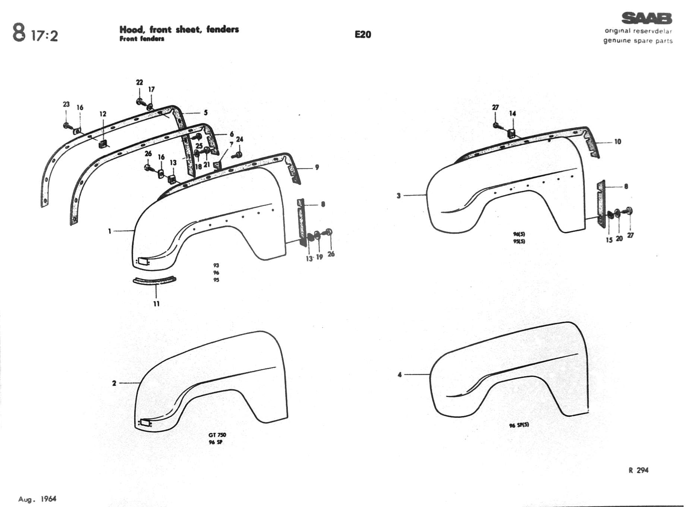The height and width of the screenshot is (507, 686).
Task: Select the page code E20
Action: (363, 35)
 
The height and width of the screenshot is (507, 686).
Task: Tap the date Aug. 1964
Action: (37, 499)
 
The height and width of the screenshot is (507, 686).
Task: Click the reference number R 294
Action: (638, 470)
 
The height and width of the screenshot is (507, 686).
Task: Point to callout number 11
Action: (156, 304)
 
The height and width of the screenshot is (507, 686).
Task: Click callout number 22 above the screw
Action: (139, 82)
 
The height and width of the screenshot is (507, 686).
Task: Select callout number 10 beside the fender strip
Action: (617, 142)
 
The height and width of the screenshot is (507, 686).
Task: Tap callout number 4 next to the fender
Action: (400, 375)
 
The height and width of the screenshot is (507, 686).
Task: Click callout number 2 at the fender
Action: (114, 383)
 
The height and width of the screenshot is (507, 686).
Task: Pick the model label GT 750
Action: (217, 435)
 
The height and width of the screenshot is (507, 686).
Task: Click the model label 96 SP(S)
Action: (519, 425)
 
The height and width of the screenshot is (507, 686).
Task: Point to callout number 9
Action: (317, 167)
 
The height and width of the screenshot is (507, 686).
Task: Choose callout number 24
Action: (240, 139)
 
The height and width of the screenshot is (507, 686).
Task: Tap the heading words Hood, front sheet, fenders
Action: (179, 29)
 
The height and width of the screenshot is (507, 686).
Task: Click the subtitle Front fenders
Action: (142, 39)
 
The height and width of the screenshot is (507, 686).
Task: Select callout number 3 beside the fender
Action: (399, 195)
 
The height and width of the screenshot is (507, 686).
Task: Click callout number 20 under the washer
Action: (619, 239)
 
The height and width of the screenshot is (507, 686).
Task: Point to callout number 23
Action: (66, 104)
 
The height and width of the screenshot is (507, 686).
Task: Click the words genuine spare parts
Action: (638, 41)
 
